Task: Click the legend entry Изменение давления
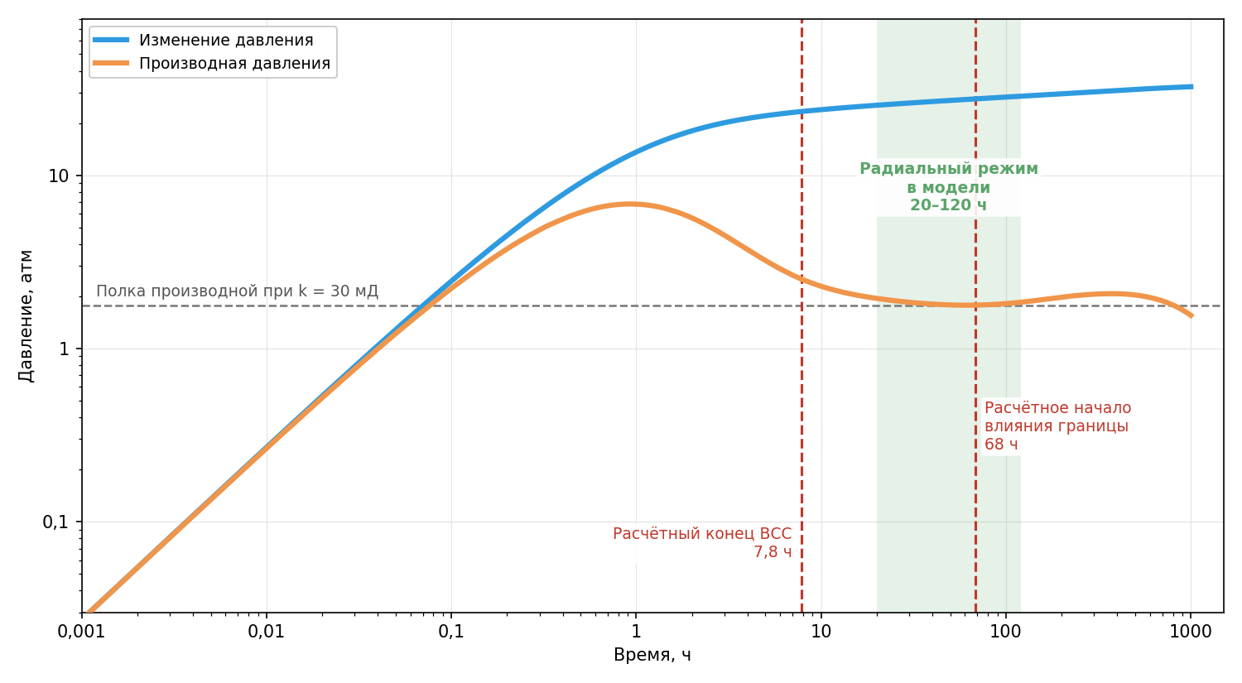coord(226,40)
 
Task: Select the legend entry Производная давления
coord(234,63)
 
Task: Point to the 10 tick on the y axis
coord(58,176)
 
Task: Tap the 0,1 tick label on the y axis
coord(55,522)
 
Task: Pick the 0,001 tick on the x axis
coord(81,632)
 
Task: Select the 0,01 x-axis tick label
coord(266,632)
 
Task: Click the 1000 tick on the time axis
coord(1191,632)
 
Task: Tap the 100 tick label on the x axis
coord(1006,632)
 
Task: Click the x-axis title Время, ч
coord(652,656)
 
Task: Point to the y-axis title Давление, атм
coord(26,316)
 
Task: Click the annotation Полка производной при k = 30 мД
coord(238,291)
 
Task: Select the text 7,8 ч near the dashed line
coord(773,552)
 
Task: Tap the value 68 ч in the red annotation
coord(1001,445)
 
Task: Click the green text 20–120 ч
coord(948,205)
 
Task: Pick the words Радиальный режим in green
coord(949,169)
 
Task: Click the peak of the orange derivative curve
coord(630,204)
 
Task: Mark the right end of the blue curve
coord(1192,86)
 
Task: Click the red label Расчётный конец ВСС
coord(702,534)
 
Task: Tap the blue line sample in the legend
coord(111,40)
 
